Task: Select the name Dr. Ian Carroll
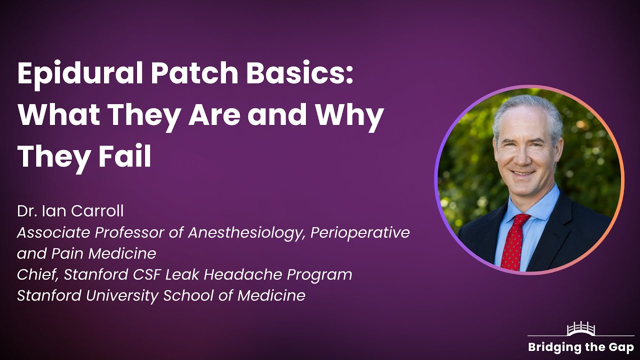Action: (70, 211)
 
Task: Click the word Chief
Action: (35, 274)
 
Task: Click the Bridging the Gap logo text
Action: (580, 347)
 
